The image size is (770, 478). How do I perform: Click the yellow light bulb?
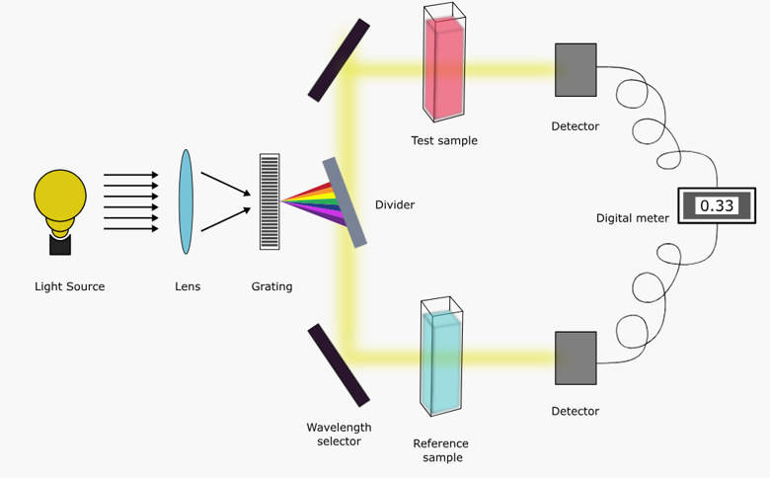(x=61, y=198)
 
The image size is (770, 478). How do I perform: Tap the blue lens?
(x=186, y=201)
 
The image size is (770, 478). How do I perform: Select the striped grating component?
(x=269, y=201)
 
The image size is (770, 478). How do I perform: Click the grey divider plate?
(x=345, y=202)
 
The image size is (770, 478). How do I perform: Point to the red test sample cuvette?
(x=443, y=69)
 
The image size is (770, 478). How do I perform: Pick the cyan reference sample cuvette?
(x=440, y=360)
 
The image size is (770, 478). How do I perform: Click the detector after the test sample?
(x=576, y=69)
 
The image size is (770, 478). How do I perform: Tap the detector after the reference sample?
(x=576, y=358)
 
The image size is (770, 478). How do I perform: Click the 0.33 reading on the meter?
(x=716, y=205)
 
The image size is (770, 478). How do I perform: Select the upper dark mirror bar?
(x=339, y=60)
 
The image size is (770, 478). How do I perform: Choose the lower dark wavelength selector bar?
(x=339, y=364)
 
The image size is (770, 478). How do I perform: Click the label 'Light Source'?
(x=69, y=286)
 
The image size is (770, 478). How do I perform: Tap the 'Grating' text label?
(x=271, y=286)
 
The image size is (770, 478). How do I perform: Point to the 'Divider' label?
(x=395, y=204)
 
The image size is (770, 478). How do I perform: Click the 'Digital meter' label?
(x=633, y=218)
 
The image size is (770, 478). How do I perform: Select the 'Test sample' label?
(x=444, y=140)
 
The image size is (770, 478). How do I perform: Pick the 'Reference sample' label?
(x=440, y=450)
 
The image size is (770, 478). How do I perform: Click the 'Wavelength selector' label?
(x=339, y=435)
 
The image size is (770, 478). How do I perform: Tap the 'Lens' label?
(x=188, y=286)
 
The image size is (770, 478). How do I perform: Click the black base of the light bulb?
(x=60, y=244)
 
